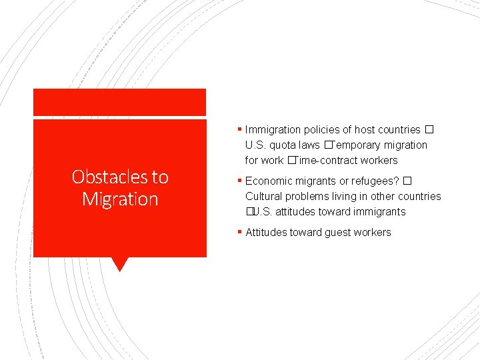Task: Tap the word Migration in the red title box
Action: pyautogui.click(x=120, y=199)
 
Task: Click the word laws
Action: pyautogui.click(x=309, y=145)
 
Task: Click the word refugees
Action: pyautogui.click(x=375, y=181)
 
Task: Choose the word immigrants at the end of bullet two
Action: pyautogui.click(x=381, y=212)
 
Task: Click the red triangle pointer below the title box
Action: pyautogui.click(x=119, y=264)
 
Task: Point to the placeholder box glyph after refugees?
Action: pyautogui.click(x=407, y=181)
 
